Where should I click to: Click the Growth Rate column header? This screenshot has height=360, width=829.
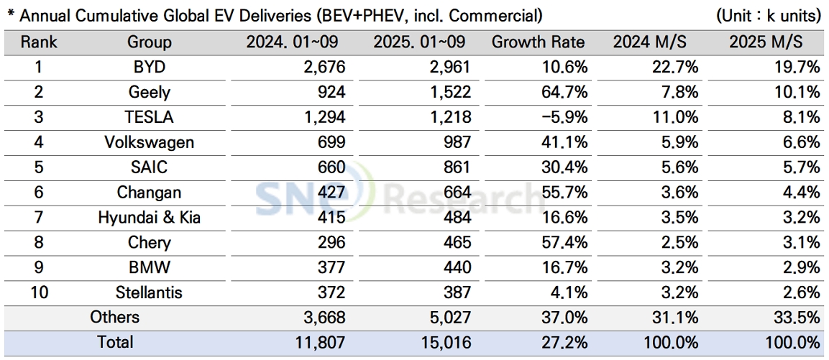(x=538, y=42)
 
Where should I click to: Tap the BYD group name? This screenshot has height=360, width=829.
(x=150, y=67)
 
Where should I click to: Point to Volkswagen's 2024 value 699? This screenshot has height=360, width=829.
(x=331, y=142)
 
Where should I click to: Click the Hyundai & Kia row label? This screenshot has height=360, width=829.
(x=150, y=217)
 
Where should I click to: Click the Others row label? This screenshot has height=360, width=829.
(x=115, y=317)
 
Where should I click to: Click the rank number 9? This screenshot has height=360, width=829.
(x=39, y=267)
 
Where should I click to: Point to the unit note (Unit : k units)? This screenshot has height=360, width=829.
(x=769, y=15)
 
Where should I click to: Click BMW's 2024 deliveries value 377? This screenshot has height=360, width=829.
(x=331, y=267)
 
